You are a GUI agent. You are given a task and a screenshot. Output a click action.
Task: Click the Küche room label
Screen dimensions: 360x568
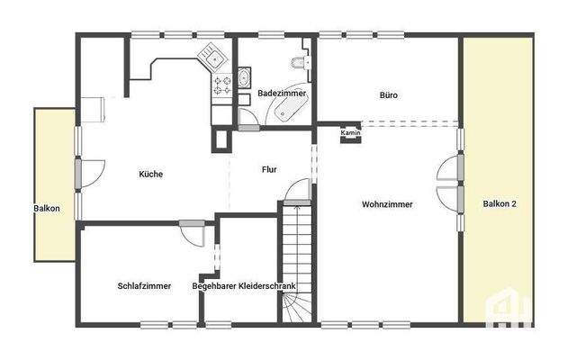(x=151, y=174)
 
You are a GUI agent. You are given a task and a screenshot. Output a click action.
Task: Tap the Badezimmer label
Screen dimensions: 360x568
(x=282, y=94)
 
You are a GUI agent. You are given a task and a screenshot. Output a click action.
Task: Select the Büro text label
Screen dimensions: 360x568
(x=388, y=94)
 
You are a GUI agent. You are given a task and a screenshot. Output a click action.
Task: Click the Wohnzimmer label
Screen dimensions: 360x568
(x=388, y=204)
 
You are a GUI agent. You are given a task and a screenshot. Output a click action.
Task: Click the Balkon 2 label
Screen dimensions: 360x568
(x=500, y=204)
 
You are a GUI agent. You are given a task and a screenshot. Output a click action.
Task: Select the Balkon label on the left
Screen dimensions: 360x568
(x=47, y=209)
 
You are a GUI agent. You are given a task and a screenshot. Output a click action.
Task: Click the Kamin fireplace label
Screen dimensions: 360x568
(x=351, y=133)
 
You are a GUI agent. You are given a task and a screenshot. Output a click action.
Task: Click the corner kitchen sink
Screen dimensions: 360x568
(x=214, y=58)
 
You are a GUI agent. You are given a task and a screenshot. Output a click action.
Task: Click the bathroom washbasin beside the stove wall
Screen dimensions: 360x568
(x=244, y=79)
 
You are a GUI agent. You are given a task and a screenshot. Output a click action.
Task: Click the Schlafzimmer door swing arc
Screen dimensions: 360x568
(x=193, y=233)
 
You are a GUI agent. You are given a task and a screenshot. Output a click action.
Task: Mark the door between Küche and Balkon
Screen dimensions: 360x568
(x=89, y=172)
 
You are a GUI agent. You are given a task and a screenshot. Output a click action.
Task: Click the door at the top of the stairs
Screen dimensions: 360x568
(x=298, y=191)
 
